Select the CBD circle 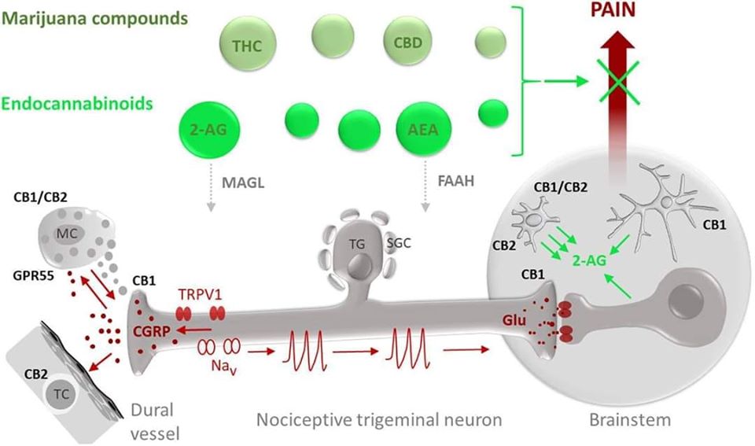(408, 41)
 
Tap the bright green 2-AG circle (209, 130)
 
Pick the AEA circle (424, 130)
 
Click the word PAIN (613, 9)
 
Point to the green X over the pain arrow (619, 81)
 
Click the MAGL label (243, 183)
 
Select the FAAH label (456, 181)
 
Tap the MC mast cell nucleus (66, 234)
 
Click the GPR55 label (34, 275)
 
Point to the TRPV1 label (200, 294)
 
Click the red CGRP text (152, 331)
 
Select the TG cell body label (357, 244)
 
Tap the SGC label (399, 243)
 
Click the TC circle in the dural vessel (61, 394)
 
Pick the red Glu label (514, 320)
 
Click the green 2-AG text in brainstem (589, 260)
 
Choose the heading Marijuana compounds (95, 18)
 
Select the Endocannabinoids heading (77, 104)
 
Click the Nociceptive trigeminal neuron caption (379, 419)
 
